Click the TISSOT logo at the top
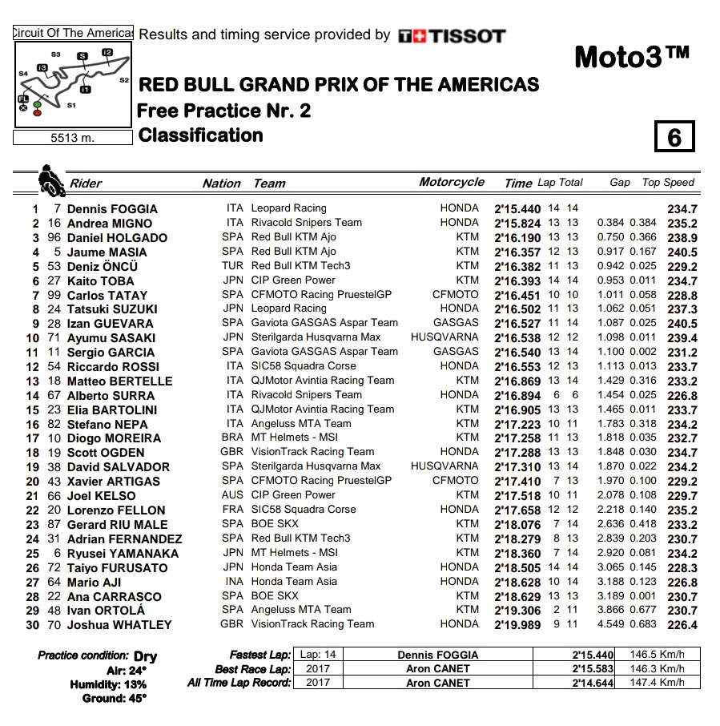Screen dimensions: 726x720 tap(452, 35)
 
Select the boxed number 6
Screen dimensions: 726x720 tap(674, 137)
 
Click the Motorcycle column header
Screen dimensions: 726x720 tap(452, 183)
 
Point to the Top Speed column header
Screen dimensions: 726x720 tap(668, 183)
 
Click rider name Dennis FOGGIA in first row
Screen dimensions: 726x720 tap(112, 208)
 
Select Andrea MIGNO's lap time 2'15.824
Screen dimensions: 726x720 tap(518, 223)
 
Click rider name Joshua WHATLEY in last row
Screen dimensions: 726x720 tap(119, 625)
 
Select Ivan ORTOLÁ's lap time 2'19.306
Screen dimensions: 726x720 tap(518, 611)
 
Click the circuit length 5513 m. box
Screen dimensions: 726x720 tap(73, 138)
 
